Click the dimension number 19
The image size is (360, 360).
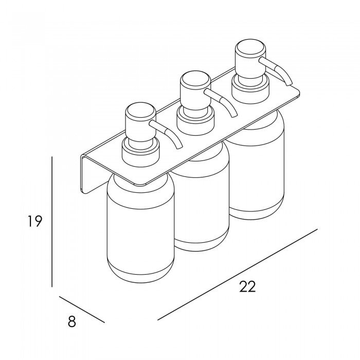(34, 221)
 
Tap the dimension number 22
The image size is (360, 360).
(247, 286)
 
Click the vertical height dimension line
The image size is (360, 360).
(52, 222)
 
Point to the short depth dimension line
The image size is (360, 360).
(82, 309)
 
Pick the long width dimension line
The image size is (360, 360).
(238, 274)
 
